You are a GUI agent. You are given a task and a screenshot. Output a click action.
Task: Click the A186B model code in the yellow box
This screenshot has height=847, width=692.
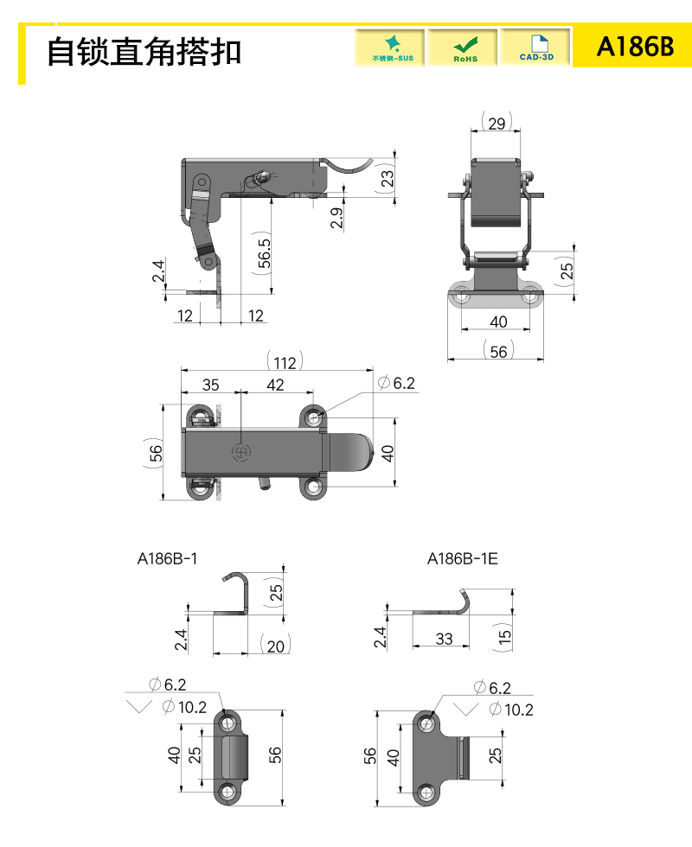click(635, 47)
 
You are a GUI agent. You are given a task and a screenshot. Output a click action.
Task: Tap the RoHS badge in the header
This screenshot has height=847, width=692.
click(463, 48)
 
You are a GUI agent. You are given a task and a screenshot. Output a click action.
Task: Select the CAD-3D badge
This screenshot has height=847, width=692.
click(535, 48)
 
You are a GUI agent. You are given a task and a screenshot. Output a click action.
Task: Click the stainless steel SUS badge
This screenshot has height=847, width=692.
click(390, 48)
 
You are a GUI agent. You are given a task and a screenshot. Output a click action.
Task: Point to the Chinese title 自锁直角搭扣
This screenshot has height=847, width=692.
click(144, 52)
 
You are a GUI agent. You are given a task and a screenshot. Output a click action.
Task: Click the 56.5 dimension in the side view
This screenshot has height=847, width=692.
click(264, 252)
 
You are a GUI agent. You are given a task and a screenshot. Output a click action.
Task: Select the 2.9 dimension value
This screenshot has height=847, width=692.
click(336, 218)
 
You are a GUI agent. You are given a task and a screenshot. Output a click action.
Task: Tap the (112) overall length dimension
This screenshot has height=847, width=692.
click(285, 362)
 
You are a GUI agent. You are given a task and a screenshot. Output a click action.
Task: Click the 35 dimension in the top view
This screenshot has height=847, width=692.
click(211, 385)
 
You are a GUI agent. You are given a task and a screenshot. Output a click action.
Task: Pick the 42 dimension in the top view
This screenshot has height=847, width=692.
click(275, 385)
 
